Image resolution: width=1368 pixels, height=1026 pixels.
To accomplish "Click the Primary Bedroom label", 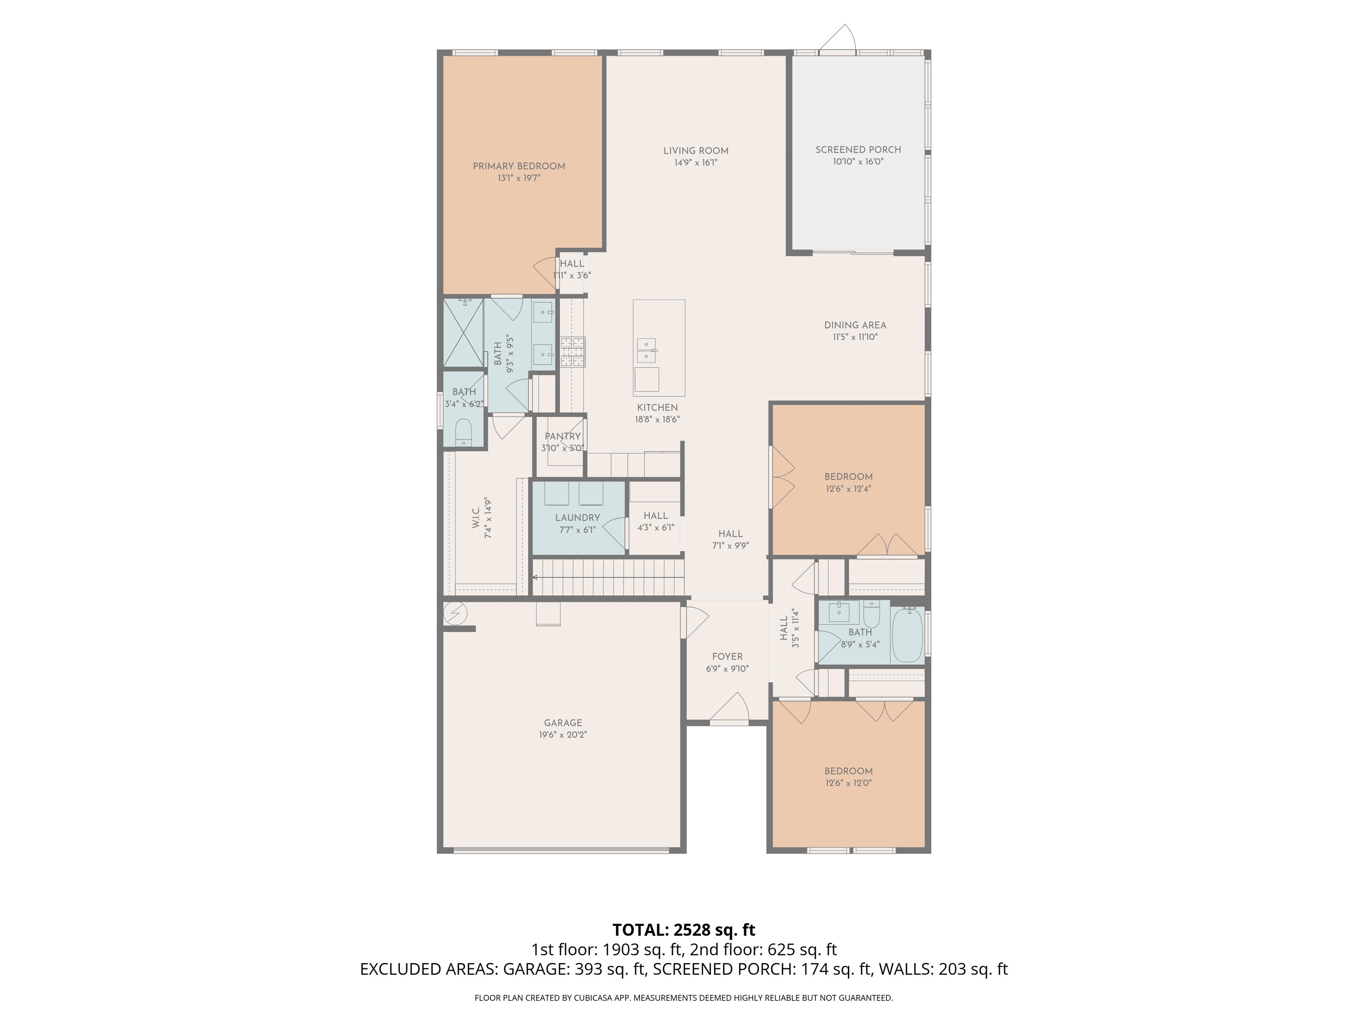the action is click(519, 166).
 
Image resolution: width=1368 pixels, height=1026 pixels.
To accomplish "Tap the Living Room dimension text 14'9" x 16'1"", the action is click(696, 163).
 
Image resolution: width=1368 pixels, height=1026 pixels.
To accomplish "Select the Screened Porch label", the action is click(858, 150).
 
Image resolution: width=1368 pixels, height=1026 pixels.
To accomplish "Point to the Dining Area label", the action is click(855, 326).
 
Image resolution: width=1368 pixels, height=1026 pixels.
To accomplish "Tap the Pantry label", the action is click(562, 436).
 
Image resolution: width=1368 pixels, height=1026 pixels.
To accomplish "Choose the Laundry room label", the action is click(578, 517).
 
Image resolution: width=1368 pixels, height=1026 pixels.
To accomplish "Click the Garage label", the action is click(563, 722).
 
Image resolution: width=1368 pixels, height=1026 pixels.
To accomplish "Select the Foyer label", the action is click(727, 657).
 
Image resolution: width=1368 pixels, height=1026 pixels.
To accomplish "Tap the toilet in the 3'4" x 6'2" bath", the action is click(464, 432).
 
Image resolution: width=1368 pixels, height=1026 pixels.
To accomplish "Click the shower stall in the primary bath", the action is click(463, 333).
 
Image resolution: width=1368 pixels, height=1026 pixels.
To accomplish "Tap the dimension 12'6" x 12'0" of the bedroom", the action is click(848, 782).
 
